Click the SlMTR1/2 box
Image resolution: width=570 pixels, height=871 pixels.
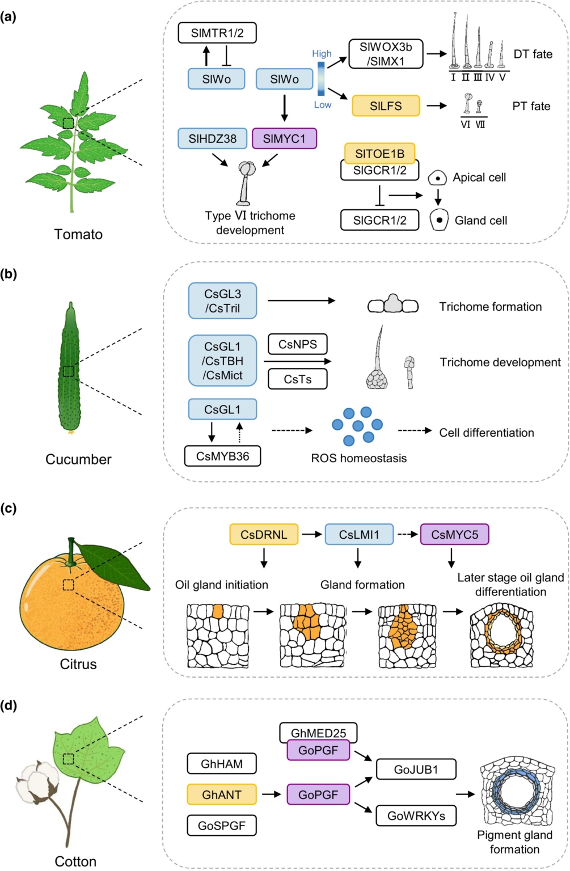[217, 33]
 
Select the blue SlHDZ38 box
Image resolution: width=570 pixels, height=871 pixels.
[213, 138]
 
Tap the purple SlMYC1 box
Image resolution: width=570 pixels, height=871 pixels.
[284, 138]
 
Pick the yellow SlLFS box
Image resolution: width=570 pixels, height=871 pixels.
[386, 106]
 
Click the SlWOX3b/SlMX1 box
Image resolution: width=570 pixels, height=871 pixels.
[386, 54]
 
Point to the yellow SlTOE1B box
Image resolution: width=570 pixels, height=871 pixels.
[379, 153]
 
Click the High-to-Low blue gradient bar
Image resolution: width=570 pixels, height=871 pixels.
[321, 79]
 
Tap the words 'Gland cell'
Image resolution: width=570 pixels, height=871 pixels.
[480, 221]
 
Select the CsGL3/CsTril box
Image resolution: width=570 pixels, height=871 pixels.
[222, 301]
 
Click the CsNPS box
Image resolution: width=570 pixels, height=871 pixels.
[298, 344]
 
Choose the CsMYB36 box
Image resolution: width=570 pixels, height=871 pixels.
[222, 456]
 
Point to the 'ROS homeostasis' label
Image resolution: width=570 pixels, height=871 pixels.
[358, 458]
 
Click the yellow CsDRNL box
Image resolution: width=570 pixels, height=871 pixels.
[264, 534]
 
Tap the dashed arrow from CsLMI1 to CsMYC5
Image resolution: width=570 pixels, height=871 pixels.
[406, 534]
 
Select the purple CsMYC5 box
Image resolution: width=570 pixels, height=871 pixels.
[454, 534]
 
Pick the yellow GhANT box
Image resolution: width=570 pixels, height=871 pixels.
[222, 794]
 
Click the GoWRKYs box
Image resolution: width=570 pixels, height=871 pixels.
[416, 816]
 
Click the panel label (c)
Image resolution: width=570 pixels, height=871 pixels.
[9, 508]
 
